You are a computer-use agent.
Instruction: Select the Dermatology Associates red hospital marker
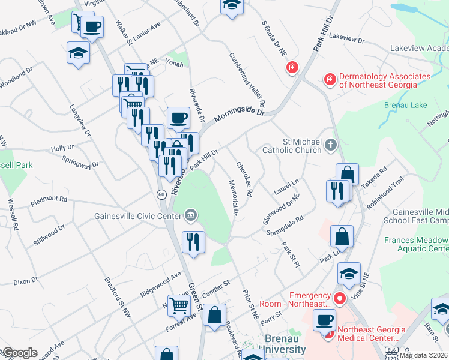pyautogui.click(x=329, y=79)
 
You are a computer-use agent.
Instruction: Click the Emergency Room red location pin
pyautogui.click(x=339, y=298)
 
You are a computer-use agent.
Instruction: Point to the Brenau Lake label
pyautogui.click(x=405, y=105)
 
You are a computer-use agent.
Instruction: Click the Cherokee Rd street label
pyautogui.click(x=244, y=179)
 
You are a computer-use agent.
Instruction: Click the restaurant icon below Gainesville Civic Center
pyautogui.click(x=193, y=242)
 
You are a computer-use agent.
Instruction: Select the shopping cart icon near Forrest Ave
pyautogui.click(x=179, y=305)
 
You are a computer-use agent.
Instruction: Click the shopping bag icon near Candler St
pyautogui.click(x=214, y=314)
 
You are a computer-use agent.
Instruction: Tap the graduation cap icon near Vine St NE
pyautogui.click(x=349, y=273)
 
